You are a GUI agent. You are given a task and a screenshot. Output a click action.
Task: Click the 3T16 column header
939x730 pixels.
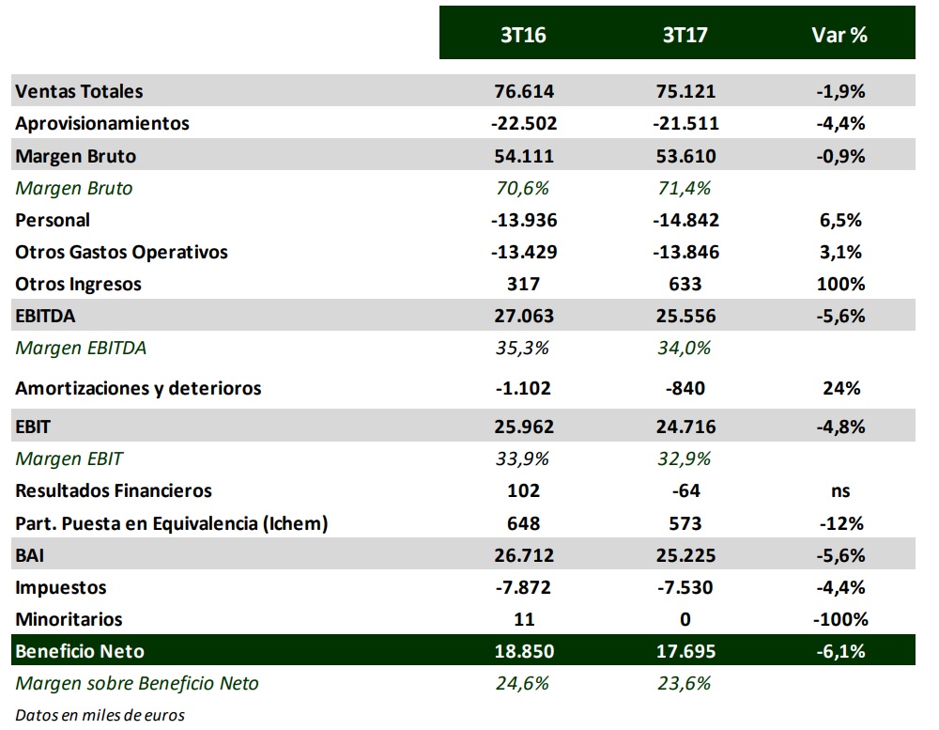(x=523, y=35)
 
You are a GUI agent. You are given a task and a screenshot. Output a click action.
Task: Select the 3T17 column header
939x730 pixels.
(x=685, y=35)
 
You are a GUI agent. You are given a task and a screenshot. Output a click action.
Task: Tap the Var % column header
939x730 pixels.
(x=839, y=35)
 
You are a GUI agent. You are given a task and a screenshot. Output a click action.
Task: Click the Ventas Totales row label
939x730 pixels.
(x=80, y=91)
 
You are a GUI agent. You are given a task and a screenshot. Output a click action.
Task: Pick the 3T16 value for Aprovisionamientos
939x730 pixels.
(x=523, y=123)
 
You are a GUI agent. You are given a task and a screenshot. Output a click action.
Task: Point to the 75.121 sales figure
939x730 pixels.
(x=685, y=91)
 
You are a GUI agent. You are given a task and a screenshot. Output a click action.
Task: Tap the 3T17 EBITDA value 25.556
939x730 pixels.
(x=685, y=316)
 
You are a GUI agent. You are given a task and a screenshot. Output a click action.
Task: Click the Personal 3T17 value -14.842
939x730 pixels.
(x=685, y=220)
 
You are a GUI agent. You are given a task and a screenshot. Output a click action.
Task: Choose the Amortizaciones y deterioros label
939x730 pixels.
(x=138, y=388)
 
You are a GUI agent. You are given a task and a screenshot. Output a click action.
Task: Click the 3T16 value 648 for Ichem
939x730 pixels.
(x=524, y=523)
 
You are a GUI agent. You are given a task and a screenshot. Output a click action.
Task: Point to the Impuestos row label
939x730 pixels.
(x=61, y=587)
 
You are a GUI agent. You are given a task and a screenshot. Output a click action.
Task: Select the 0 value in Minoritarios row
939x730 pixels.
(x=685, y=619)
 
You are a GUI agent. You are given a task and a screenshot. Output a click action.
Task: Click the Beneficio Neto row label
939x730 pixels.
(x=81, y=651)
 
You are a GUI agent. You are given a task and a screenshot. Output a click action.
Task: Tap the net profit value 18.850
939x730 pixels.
(x=524, y=651)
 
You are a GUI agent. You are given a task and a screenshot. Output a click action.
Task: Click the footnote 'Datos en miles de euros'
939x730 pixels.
(x=100, y=715)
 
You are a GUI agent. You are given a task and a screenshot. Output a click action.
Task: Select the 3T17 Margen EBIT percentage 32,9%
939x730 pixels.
(x=685, y=458)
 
